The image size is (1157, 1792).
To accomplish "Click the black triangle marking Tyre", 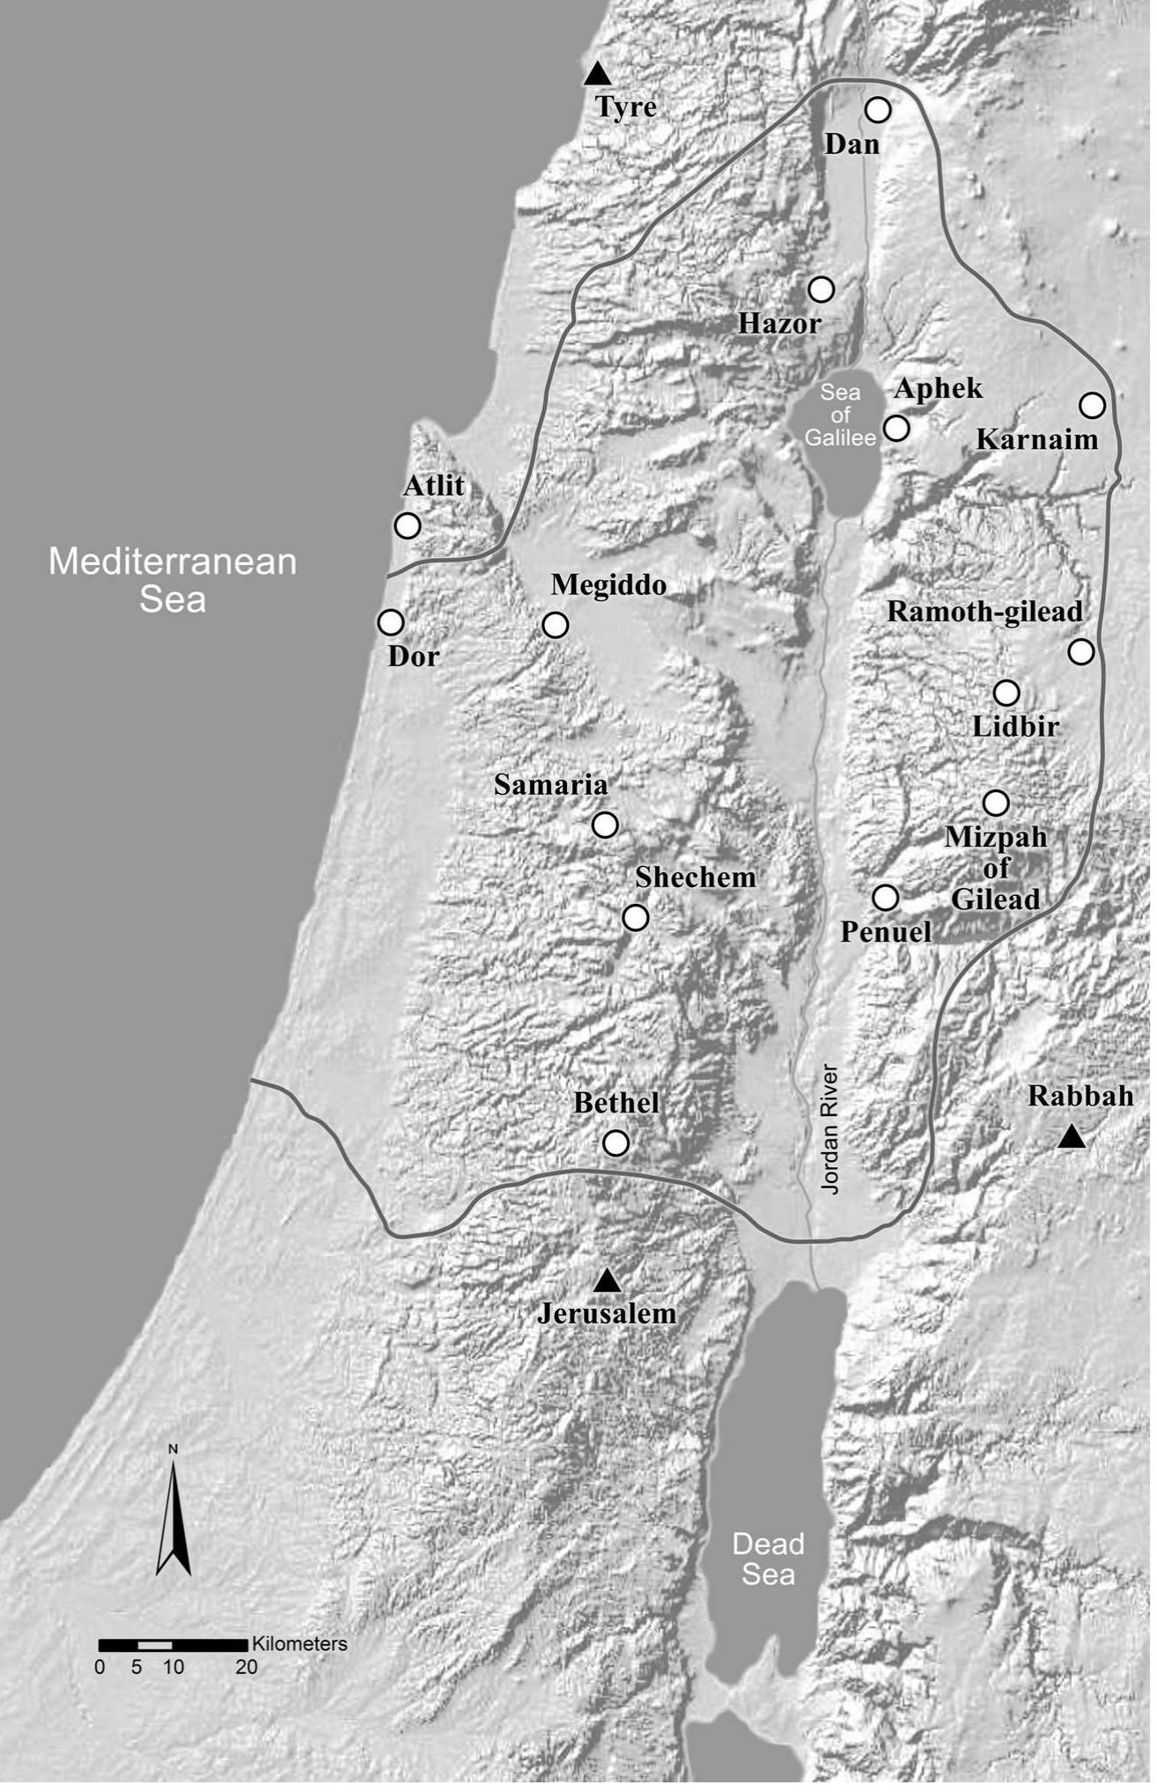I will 598,74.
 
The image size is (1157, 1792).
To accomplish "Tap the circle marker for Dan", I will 878,110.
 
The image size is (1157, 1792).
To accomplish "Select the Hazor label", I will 779,324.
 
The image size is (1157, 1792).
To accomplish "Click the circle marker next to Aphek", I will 896,428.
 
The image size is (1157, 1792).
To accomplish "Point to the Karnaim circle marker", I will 1092,405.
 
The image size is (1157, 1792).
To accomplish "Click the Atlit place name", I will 433,485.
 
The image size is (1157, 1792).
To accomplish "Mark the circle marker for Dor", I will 390,622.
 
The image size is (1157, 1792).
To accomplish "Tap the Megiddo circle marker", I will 555,625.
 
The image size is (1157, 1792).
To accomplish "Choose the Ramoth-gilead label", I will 984,612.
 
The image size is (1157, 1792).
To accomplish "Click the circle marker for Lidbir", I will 1006,693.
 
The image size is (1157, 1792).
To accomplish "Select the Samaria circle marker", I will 605,825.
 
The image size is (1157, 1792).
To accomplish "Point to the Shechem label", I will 696,878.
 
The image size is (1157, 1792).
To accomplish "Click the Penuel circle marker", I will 885,898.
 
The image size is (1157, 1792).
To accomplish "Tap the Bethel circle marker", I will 615,1142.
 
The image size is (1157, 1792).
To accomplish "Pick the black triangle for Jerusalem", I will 607,1282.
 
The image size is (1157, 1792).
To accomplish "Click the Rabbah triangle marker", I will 1071,1137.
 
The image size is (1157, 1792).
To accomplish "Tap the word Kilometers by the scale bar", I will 299,1644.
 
